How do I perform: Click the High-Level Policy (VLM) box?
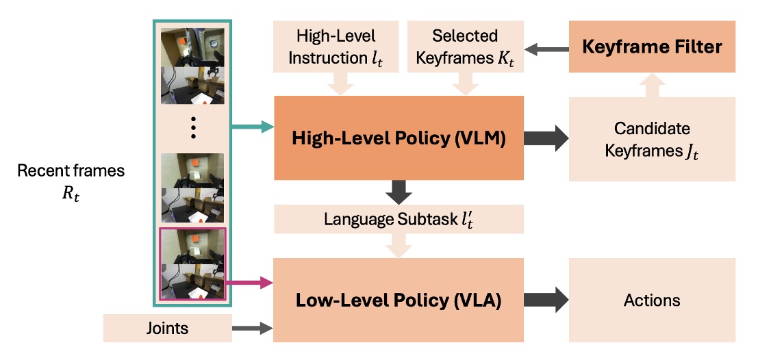(x=399, y=139)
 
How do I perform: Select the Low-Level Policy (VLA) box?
(x=399, y=300)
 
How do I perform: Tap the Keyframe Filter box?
(x=652, y=47)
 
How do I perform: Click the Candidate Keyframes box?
(x=652, y=139)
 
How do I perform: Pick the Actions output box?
(x=652, y=300)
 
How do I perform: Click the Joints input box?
(x=168, y=329)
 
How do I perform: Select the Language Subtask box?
(x=399, y=218)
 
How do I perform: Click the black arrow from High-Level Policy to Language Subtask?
(x=399, y=192)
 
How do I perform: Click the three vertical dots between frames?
(x=192, y=127)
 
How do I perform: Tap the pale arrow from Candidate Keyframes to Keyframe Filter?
(x=652, y=85)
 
